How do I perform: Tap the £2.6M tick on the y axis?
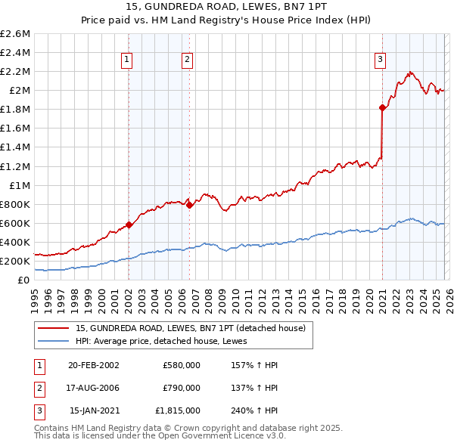pyautogui.click(x=16, y=34)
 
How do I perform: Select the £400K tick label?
pyautogui.click(x=15, y=242)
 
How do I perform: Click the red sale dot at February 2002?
pyautogui.click(x=129, y=225)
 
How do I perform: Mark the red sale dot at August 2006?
pyautogui.click(x=189, y=205)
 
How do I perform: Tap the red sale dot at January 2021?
pyautogui.click(x=382, y=108)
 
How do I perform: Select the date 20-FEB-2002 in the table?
pyautogui.click(x=93, y=365)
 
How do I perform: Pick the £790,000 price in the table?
pyautogui.click(x=181, y=388)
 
